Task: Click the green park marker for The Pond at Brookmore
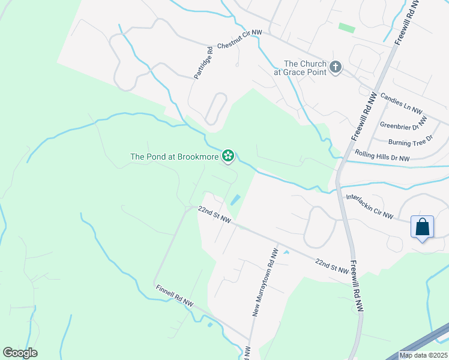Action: click(228, 157)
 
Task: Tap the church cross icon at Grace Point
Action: click(336, 68)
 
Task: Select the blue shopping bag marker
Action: click(423, 227)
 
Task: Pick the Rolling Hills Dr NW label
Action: click(382, 157)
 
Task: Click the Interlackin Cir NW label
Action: click(369, 206)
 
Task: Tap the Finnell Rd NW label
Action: click(174, 296)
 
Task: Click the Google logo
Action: click(20, 353)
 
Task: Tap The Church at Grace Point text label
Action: click(305, 68)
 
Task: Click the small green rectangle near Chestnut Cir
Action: click(346, 28)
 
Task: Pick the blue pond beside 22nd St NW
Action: click(236, 199)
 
